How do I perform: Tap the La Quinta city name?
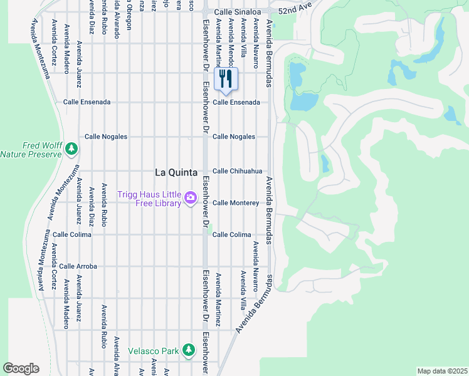pyautogui.click(x=176, y=172)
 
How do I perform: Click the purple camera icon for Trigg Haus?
pyautogui.click(x=190, y=199)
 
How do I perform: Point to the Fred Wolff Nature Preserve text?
pyautogui.click(x=31, y=150)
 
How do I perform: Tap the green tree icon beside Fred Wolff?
pyautogui.click(x=71, y=149)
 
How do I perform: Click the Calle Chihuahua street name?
pyautogui.click(x=237, y=171)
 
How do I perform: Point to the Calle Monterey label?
pyautogui.click(x=236, y=203)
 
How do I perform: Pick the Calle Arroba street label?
pyautogui.click(x=78, y=266)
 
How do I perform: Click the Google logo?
pyautogui.click(x=21, y=368)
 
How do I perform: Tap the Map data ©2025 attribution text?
pyautogui.click(x=442, y=371)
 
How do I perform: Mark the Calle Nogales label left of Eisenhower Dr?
pyautogui.click(x=106, y=137)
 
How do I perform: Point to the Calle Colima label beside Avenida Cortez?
pyautogui.click(x=72, y=235)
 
